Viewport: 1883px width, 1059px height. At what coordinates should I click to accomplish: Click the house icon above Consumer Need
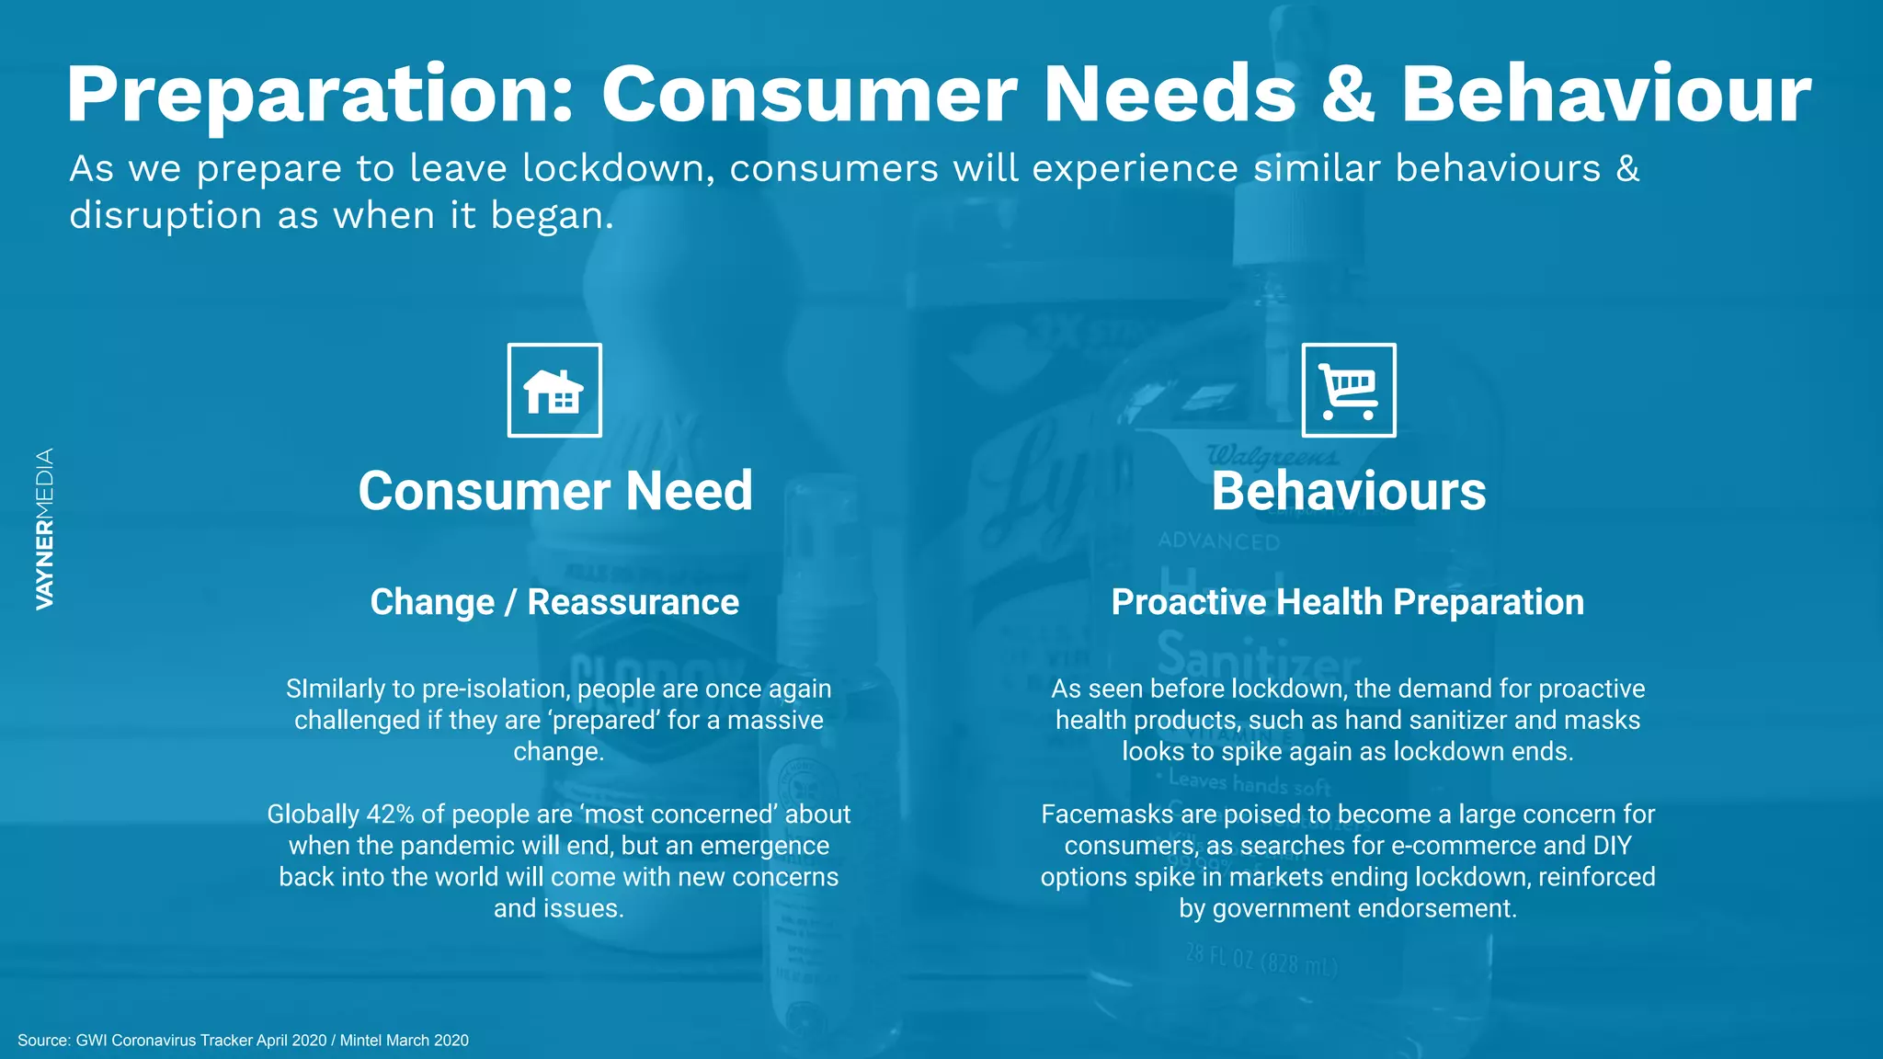(x=554, y=391)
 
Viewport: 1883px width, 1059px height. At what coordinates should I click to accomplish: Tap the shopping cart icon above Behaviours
(x=1348, y=391)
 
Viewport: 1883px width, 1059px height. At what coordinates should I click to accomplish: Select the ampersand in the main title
(x=1347, y=95)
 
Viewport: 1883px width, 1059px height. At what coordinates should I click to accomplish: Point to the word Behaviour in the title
(x=1604, y=95)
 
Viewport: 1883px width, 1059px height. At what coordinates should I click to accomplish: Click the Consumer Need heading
(x=555, y=491)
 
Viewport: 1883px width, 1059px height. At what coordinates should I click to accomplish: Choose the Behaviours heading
(x=1348, y=491)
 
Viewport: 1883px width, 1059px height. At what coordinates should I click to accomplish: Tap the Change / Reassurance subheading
(x=554, y=602)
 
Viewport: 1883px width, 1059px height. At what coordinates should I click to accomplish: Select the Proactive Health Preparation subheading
(x=1347, y=602)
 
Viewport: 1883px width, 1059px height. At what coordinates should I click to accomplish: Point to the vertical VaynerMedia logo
(x=44, y=529)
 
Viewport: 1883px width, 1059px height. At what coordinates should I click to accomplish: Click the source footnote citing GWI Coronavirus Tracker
(x=243, y=1040)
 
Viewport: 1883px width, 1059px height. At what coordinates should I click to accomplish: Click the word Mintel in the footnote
(x=360, y=1040)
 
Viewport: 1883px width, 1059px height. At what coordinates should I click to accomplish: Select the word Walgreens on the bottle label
(x=1272, y=456)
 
